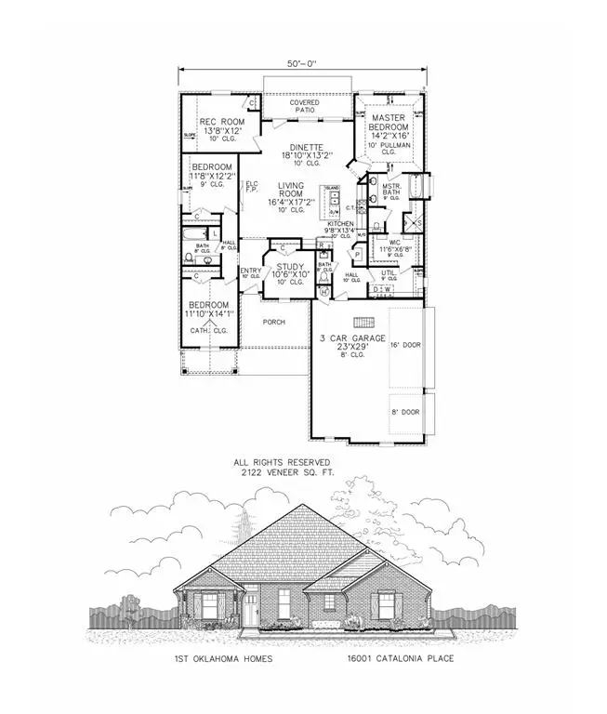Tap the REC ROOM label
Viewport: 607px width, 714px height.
point(220,123)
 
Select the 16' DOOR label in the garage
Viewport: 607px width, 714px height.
point(406,343)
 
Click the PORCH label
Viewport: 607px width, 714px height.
point(272,323)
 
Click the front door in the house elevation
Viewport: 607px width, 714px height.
point(250,611)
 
